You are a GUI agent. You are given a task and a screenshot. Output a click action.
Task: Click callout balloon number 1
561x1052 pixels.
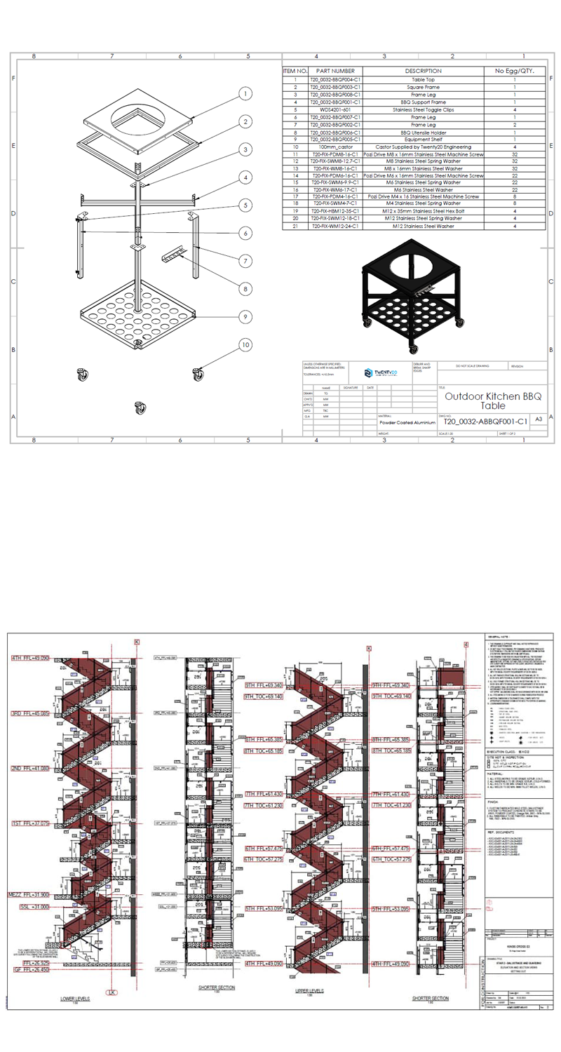[x=245, y=94]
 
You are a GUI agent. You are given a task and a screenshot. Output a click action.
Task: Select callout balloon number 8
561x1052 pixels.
[x=245, y=288]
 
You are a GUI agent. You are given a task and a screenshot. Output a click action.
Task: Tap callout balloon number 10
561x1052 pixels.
[x=245, y=344]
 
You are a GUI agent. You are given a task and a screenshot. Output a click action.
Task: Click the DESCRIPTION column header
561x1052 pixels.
[x=423, y=71]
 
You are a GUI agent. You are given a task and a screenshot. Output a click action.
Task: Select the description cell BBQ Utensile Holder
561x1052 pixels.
[x=423, y=133]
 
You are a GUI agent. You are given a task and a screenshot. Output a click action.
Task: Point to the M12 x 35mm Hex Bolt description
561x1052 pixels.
[x=423, y=210]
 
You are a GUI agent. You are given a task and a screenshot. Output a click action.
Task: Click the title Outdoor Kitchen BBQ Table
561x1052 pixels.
[x=493, y=401]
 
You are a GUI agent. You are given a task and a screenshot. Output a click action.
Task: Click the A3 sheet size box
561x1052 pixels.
[x=539, y=419]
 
